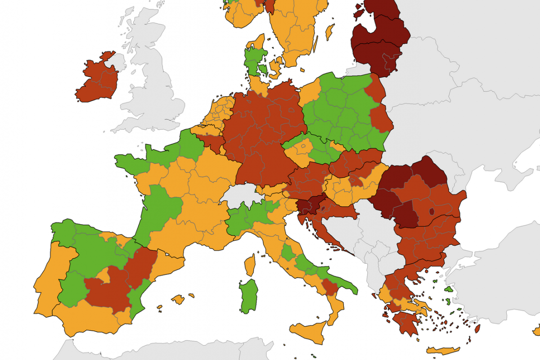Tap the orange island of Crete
pos(443,350)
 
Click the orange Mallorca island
pos(178,299)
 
